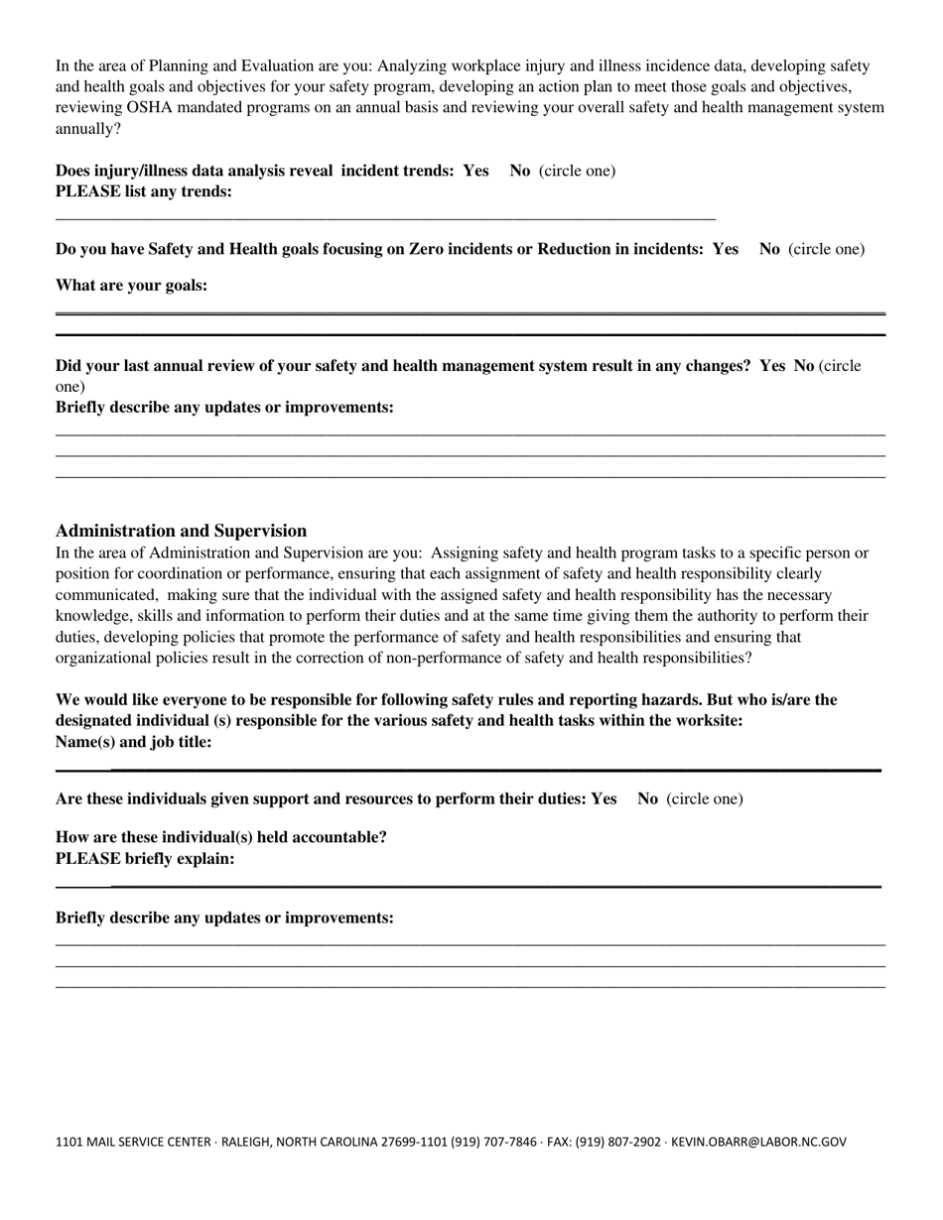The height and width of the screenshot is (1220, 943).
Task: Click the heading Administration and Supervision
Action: click(x=181, y=531)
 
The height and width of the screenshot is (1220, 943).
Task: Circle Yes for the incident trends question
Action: click(x=475, y=171)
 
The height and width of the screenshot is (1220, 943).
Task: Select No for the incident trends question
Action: click(x=520, y=171)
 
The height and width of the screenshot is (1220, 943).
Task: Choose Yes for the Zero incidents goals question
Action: click(x=725, y=249)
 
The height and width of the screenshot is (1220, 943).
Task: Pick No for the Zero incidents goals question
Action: click(x=769, y=249)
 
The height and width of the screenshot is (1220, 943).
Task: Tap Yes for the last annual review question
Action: click(x=772, y=366)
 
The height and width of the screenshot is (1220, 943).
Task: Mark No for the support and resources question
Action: click(x=647, y=798)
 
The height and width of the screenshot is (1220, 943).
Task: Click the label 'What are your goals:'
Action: click(x=131, y=286)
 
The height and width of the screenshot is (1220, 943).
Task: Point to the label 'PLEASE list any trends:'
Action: click(x=144, y=191)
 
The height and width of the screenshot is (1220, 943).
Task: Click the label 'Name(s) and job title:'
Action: click(x=133, y=742)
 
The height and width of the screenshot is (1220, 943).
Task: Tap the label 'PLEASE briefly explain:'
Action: click(x=145, y=859)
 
